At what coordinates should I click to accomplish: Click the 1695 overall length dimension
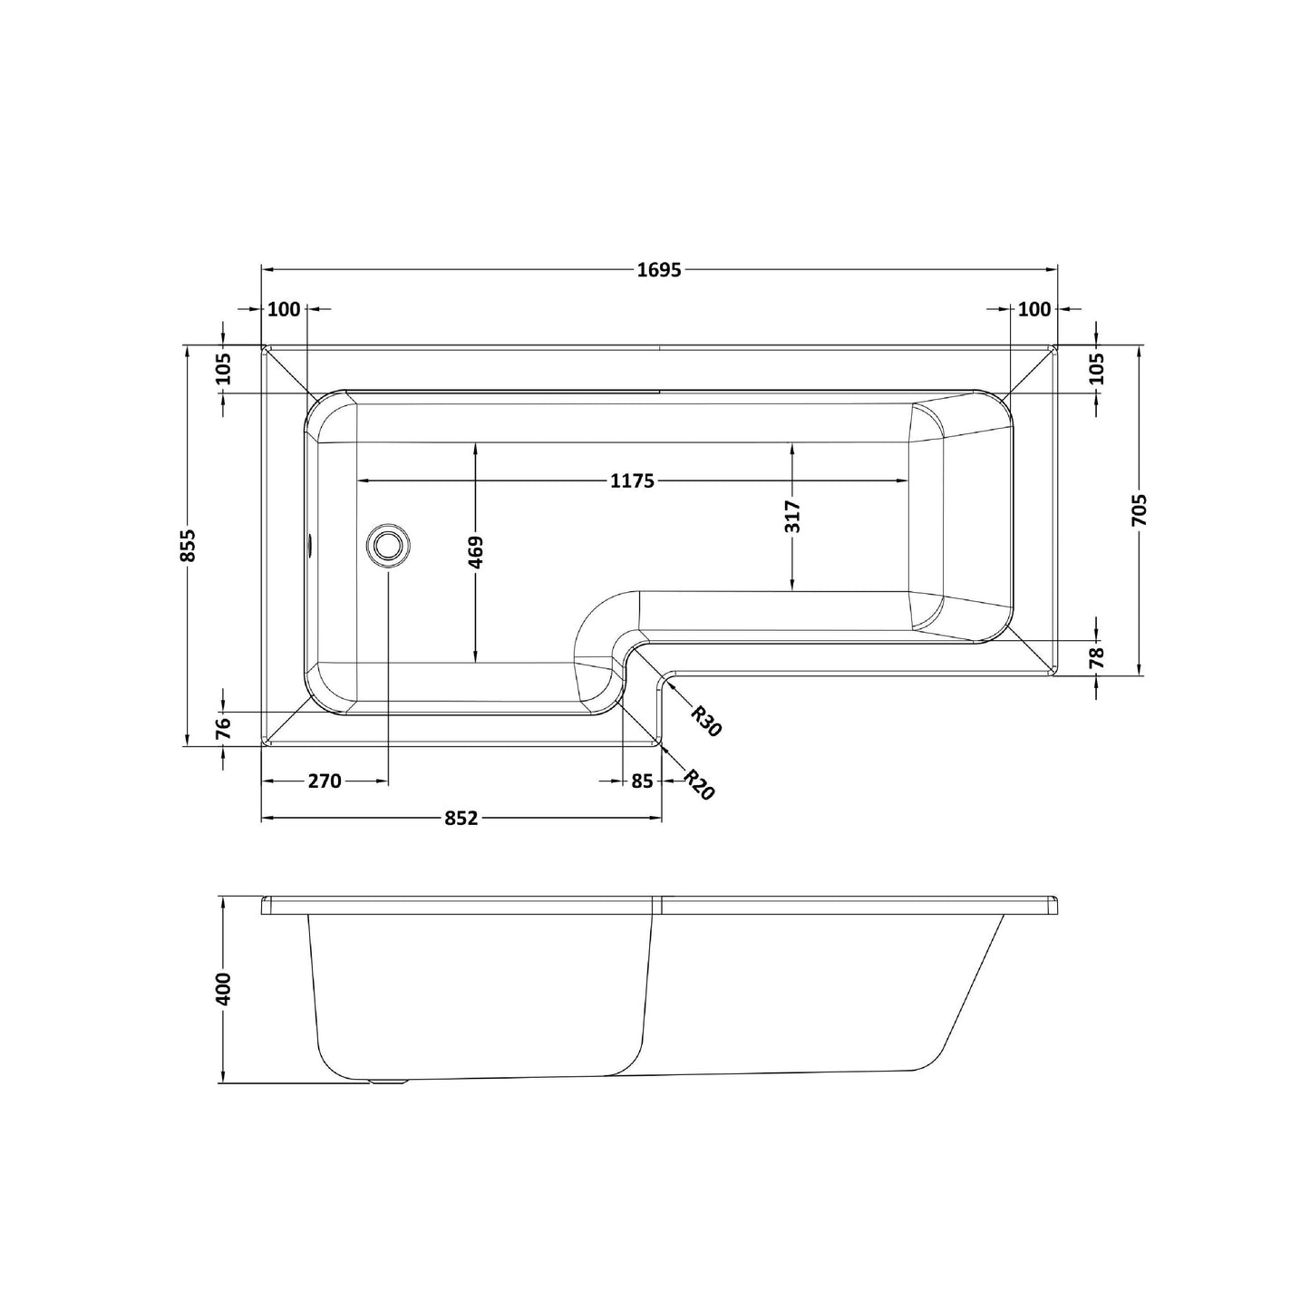click(x=659, y=269)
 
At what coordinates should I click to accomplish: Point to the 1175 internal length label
click(x=632, y=480)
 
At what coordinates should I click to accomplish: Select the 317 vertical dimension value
click(x=792, y=517)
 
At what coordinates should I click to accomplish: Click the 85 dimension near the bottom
click(x=642, y=781)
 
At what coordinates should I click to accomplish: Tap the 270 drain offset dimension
click(x=324, y=781)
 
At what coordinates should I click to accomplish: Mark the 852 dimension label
click(x=461, y=818)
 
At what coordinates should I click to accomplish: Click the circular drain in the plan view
click(x=388, y=546)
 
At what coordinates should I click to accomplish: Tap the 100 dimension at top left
click(x=284, y=309)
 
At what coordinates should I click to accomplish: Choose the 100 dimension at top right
click(x=1034, y=309)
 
